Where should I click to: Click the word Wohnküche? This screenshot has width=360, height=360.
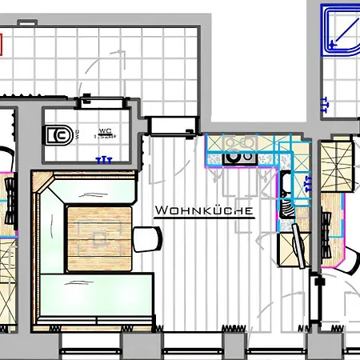pos(205,211)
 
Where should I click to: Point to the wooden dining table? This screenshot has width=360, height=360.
pos(98,236)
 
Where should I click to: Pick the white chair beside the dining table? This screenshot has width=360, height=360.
pos(148,238)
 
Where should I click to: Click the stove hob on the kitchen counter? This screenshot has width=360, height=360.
pos(237,156)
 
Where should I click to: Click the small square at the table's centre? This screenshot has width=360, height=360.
pos(99,238)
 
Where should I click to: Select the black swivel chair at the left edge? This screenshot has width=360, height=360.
pos(7,197)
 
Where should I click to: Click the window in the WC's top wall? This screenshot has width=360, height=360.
pos(105,102)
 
